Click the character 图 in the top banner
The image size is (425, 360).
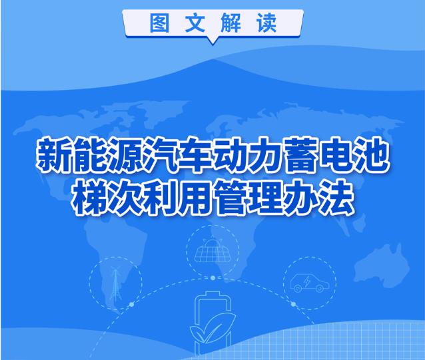tap(160, 23)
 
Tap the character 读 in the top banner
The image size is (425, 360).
tap(266, 23)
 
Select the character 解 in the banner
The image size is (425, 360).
tap(230, 23)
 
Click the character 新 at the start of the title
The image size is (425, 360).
tap(53, 155)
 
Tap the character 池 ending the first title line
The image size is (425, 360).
tap(372, 155)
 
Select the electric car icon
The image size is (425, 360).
tap(310, 282)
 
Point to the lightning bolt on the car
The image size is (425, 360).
tap(307, 281)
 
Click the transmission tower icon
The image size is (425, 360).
tap(115, 283)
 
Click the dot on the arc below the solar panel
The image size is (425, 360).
tap(212, 278)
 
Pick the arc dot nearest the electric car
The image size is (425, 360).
tap(293, 304)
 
